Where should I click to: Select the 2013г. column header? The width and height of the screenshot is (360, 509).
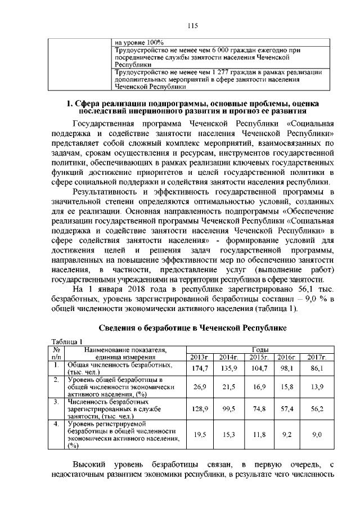tap(200, 357)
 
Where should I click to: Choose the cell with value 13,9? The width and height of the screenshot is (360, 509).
tap(317, 388)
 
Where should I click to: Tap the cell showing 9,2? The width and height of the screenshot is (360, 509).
tap(287, 434)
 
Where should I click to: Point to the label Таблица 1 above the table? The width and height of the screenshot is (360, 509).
tap(67, 342)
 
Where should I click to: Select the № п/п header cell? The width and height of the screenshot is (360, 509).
tap(56, 353)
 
